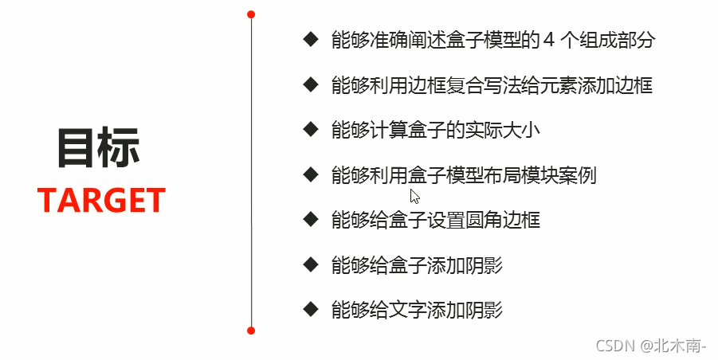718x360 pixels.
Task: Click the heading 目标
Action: pos(99,148)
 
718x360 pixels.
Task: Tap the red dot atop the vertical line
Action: pos(251,14)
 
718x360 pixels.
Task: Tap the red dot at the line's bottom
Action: pos(251,330)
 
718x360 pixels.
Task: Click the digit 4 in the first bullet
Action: pos(548,40)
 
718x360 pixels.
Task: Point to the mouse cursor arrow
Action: pos(414,196)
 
